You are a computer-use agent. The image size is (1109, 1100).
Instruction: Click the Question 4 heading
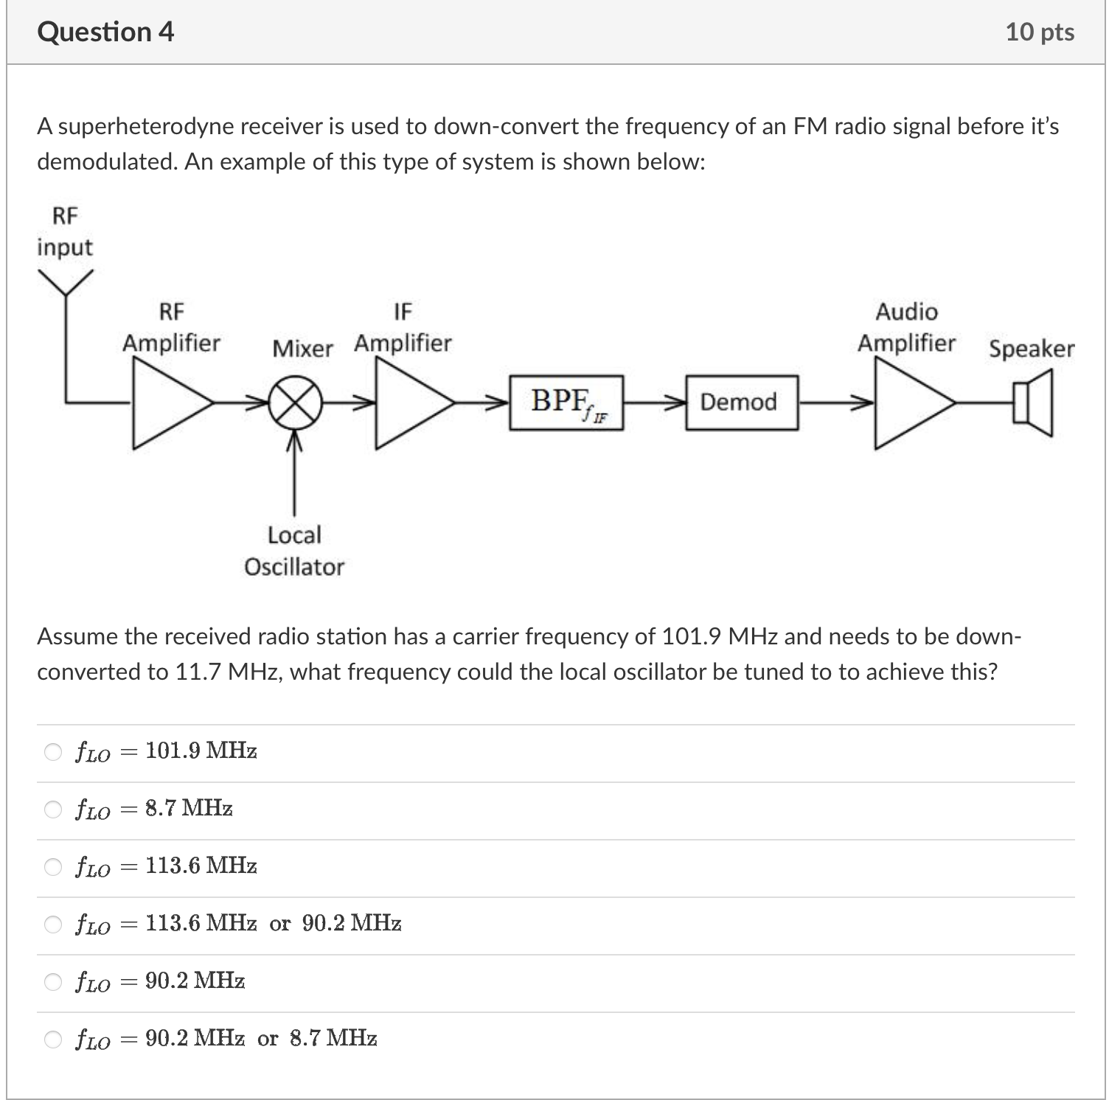tap(105, 32)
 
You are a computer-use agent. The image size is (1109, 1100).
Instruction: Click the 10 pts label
tap(1040, 32)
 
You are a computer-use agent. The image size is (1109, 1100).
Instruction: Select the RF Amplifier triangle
tap(166, 403)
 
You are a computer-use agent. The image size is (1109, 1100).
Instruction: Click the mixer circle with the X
tap(295, 403)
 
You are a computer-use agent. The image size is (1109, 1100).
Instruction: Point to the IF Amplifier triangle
tap(409, 403)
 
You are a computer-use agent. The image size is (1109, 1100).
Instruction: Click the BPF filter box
tap(566, 403)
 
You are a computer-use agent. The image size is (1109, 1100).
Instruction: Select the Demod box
tap(741, 403)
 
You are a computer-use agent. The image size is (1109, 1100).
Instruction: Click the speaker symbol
tap(1032, 403)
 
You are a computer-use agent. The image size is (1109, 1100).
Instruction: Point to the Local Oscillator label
tap(294, 551)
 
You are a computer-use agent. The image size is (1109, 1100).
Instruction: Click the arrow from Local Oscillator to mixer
tap(295, 472)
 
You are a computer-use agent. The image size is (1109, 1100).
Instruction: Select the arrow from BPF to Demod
tap(655, 403)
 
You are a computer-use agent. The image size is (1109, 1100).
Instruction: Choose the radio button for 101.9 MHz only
tap(53, 752)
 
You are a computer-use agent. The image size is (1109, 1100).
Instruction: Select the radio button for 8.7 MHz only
tap(53, 810)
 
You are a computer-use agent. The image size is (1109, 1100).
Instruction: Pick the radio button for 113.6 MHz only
tap(53, 867)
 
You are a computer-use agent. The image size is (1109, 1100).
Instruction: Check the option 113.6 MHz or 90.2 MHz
tap(53, 925)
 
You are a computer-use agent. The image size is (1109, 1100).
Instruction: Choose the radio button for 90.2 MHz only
tap(53, 982)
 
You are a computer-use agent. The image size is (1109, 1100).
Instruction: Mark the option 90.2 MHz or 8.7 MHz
tap(53, 1040)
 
